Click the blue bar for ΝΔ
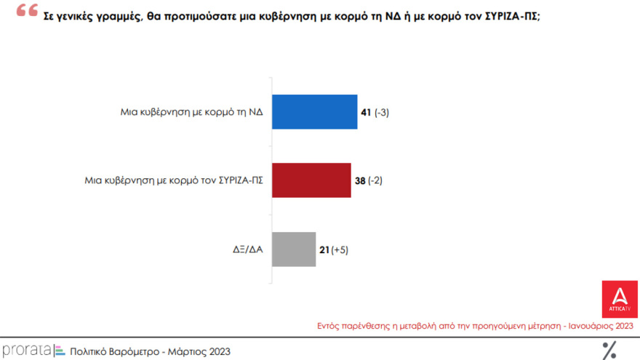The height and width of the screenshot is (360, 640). [x=314, y=112]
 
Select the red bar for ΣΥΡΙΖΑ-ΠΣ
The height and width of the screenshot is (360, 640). [x=311, y=180]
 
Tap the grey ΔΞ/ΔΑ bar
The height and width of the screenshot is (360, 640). [x=294, y=249]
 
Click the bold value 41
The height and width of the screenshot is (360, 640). [x=366, y=112]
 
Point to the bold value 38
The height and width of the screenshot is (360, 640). [x=359, y=180]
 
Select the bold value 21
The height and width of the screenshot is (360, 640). [x=324, y=249]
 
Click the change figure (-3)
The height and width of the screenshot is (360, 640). [x=383, y=112]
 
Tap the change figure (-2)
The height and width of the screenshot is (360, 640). [x=375, y=180]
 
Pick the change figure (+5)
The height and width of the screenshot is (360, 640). [x=340, y=249]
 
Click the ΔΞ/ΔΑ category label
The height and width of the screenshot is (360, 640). [x=244, y=249]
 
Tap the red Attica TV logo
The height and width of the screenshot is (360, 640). [x=620, y=299]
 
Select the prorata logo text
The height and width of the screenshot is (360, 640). [x=26, y=351]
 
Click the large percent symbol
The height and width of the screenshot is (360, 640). [x=609, y=350]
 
